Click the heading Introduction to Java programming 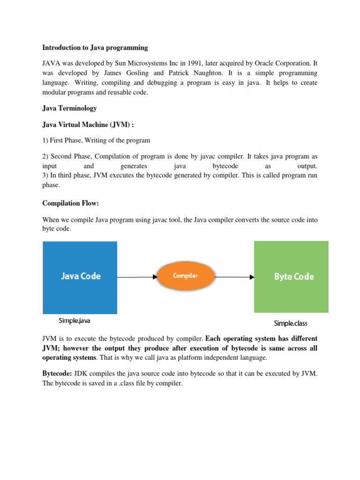click(95, 48)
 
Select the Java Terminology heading click(69, 108)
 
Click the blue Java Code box click(80, 277)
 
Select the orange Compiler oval click(186, 276)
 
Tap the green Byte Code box click(291, 277)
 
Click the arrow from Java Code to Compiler click(137, 277)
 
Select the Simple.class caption click(291, 323)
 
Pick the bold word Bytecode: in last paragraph click(57, 374)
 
